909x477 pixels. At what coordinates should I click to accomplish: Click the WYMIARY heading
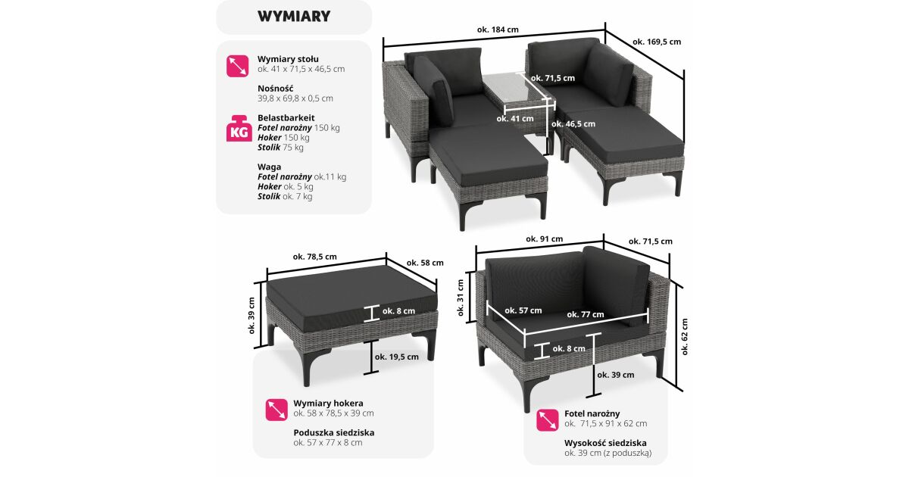[294, 16]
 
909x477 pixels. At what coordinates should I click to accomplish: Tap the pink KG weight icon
[239, 129]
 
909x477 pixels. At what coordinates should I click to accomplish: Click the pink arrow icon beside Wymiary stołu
[237, 66]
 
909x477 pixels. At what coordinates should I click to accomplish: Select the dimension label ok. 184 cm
[498, 30]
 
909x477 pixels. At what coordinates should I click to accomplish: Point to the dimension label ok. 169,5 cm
[657, 42]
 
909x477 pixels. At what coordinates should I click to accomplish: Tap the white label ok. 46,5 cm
[573, 123]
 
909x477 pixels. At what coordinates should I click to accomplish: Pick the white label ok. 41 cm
[515, 119]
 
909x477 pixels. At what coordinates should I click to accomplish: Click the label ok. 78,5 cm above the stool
[315, 257]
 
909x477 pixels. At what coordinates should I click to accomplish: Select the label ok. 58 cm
[425, 263]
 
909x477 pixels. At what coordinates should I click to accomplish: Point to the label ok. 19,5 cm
[396, 357]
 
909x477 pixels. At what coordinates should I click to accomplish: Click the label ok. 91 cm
[544, 239]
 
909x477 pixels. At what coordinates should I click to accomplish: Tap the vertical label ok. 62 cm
[685, 337]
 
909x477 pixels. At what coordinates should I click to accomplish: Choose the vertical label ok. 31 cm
[461, 298]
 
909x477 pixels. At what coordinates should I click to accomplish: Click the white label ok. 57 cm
[523, 310]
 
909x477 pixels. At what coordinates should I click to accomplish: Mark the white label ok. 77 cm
[585, 314]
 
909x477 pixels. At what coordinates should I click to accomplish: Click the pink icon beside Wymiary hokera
[276, 410]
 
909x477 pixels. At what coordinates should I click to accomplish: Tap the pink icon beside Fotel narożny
[548, 420]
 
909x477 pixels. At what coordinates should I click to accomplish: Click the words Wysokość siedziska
[605, 443]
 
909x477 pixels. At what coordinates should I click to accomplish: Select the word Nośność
[275, 89]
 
